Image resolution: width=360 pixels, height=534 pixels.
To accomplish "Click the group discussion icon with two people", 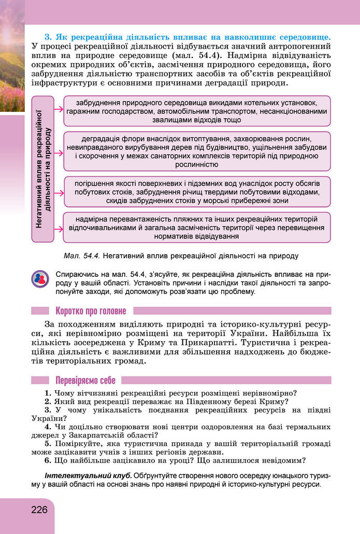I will [40, 280].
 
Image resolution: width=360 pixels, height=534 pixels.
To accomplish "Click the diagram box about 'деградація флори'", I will [196, 152].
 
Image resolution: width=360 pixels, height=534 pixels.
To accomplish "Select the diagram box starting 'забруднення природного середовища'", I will [196, 110].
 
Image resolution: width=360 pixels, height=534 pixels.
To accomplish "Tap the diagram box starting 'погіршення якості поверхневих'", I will [196, 191].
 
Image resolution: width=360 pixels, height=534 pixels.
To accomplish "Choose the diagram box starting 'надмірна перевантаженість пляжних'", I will [196, 227].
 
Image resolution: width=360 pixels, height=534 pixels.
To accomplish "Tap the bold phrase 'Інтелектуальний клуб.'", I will [89, 475].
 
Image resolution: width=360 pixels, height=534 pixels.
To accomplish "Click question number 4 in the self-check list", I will [47, 427].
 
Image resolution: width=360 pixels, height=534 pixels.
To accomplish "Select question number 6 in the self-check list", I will [47, 460].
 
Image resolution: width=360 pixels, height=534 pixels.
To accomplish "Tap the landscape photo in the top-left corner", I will [12, 57].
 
